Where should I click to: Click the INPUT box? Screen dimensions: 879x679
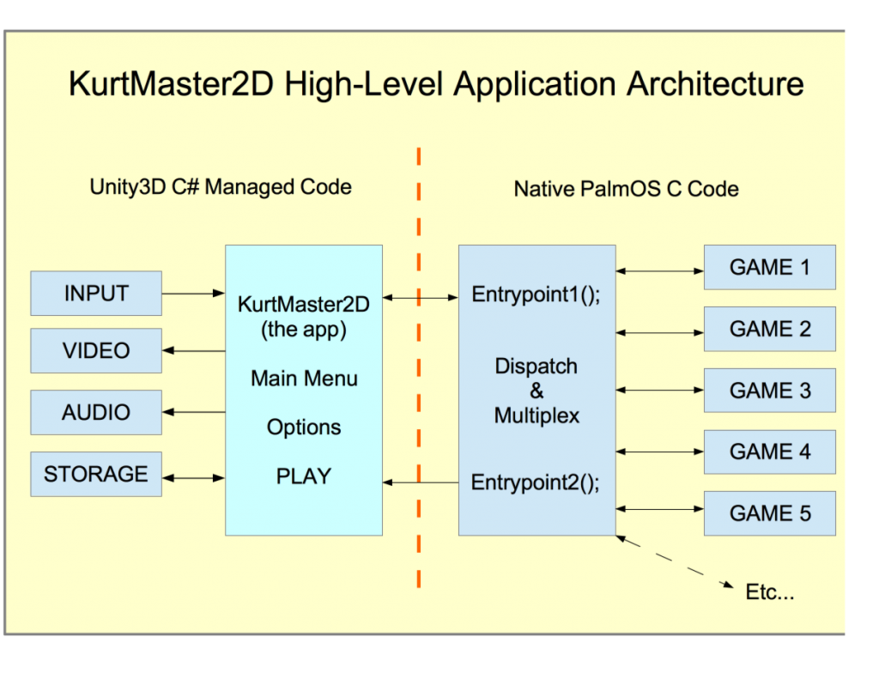point(96,294)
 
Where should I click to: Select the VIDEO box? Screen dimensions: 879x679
point(96,350)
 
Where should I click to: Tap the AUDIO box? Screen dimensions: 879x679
point(96,412)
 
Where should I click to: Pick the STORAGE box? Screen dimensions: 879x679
point(96,474)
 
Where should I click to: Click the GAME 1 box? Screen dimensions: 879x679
point(770,268)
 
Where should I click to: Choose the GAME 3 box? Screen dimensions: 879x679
point(770,391)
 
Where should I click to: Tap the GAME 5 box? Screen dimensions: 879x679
point(770,513)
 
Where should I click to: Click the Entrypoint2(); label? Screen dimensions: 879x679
point(536,482)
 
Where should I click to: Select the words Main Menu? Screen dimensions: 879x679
point(305,379)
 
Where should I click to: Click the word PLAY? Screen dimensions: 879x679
point(304,476)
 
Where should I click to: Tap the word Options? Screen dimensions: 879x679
point(304,427)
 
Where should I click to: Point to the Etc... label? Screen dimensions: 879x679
point(770,592)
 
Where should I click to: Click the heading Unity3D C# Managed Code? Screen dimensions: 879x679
point(221,187)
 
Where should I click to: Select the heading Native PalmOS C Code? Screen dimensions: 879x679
point(626,189)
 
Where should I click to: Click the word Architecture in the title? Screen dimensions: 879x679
point(715,84)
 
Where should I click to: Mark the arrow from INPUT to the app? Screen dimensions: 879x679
point(193,294)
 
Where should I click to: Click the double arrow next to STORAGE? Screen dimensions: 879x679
point(193,478)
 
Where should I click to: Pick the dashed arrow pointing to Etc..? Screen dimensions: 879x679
point(675,561)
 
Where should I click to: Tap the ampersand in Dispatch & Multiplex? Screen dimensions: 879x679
point(536,391)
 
